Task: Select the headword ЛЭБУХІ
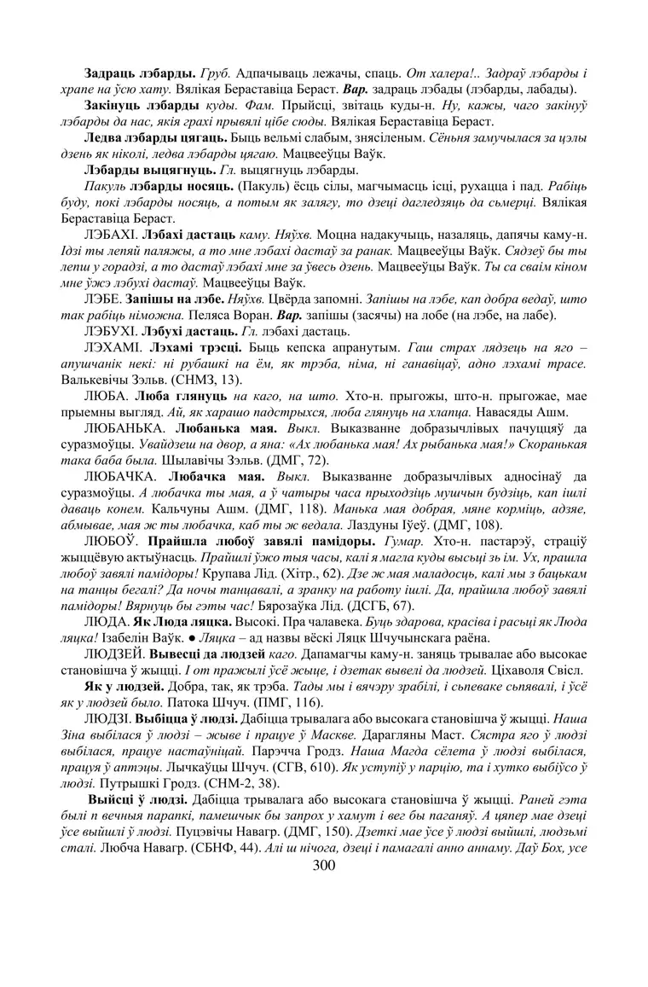112,332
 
